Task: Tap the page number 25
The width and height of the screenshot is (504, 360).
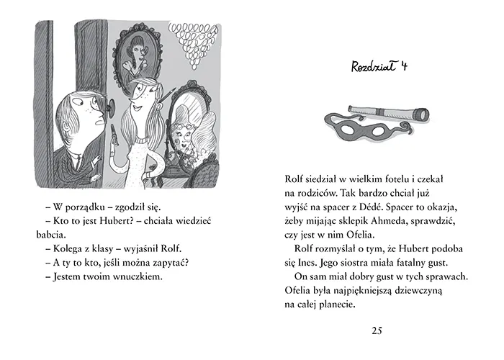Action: [x=377, y=330]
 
